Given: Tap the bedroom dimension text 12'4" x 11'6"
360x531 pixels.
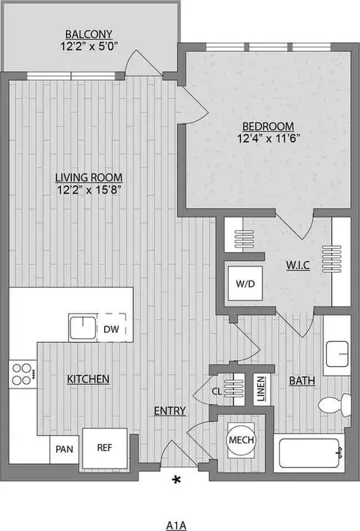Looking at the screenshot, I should (x=268, y=139).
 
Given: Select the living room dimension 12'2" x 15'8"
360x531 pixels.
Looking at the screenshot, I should (x=88, y=190).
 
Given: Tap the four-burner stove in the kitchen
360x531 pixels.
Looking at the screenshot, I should (x=23, y=373).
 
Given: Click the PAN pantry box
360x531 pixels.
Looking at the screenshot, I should (x=64, y=451).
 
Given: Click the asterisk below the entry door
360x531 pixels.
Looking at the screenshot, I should (x=178, y=479).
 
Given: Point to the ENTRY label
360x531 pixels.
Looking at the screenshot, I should (x=170, y=411).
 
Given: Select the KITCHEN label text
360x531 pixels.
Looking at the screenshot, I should (x=89, y=379).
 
